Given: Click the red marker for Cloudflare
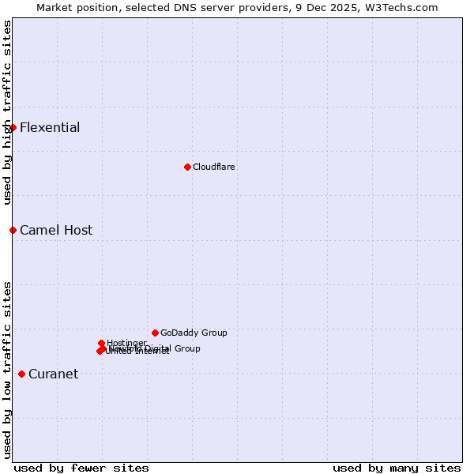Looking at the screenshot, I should coord(187,167).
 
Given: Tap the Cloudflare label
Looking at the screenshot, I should coord(214,167).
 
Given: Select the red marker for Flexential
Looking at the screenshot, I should coord(13,127).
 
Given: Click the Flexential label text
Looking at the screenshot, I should coord(50,127).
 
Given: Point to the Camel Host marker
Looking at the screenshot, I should coord(13,230).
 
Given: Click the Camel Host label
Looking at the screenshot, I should coord(56,231).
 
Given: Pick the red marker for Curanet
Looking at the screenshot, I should coord(21,374).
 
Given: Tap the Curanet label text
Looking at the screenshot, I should coord(54,374).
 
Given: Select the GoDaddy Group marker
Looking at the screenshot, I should coord(155,333).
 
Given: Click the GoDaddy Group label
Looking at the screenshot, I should coord(194,333).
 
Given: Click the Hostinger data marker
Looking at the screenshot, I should coord(101,343).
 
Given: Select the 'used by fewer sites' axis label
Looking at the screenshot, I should coord(81,468).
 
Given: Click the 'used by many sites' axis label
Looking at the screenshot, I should coord(397,468).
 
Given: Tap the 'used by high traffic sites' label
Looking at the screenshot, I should coord(7,112).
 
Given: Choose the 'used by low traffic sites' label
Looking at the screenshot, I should coord(7,370).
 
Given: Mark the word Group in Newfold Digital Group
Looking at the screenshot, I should coord(186,348).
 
